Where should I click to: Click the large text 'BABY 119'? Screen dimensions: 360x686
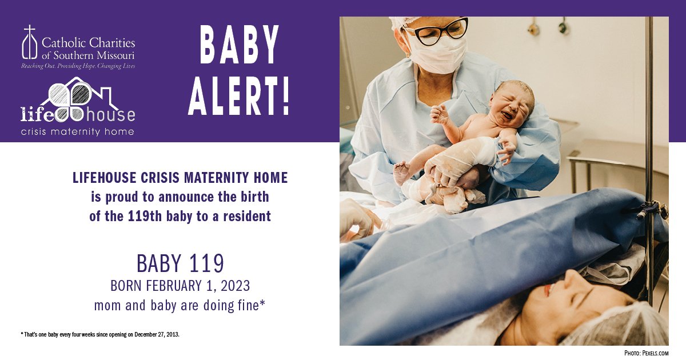point(180,263)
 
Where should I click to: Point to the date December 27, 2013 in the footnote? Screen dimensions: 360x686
point(157,334)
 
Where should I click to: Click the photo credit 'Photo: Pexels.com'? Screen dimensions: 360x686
point(646,353)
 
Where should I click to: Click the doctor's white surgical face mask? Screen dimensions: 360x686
point(437,55)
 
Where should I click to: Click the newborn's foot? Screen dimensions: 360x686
point(401,171)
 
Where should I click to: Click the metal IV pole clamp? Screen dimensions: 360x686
point(652,209)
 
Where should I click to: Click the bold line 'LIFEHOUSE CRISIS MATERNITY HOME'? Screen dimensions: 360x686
point(180,178)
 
